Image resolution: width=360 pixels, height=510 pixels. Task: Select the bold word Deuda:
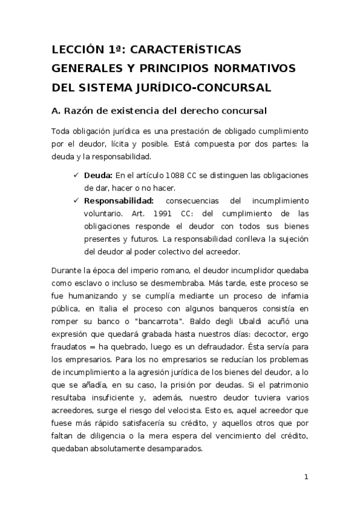(x=98, y=175)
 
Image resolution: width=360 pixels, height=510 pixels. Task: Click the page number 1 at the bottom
(x=307, y=478)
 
